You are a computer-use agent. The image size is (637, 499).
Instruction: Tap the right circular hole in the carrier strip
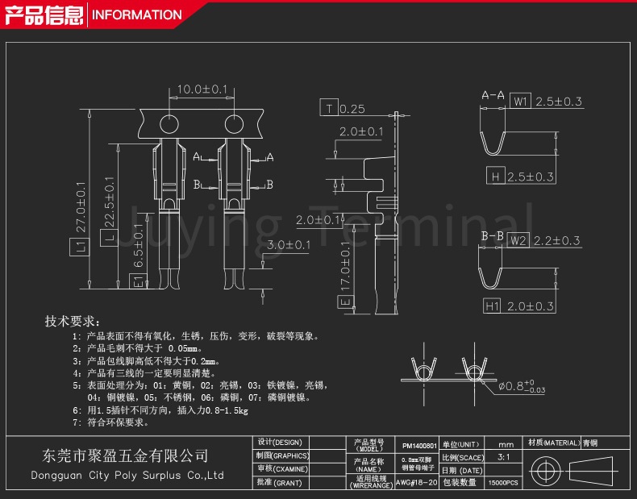pyautogui.click(x=234, y=125)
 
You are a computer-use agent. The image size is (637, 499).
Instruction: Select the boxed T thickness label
pyautogui.click(x=328, y=109)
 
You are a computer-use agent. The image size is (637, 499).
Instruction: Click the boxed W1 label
pyautogui.click(x=520, y=102)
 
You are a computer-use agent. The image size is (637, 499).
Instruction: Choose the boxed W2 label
pyautogui.click(x=518, y=240)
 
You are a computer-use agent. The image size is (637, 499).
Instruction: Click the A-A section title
pyautogui.click(x=493, y=95)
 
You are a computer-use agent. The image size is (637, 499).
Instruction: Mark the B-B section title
pyautogui.click(x=493, y=235)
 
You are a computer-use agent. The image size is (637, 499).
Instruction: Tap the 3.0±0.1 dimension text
pyautogui.click(x=289, y=244)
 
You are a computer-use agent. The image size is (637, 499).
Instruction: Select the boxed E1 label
pyautogui.click(x=138, y=281)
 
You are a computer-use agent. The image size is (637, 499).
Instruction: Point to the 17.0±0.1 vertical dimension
pyautogui.click(x=345, y=266)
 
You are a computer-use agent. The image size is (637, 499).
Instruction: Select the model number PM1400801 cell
pyautogui.click(x=419, y=445)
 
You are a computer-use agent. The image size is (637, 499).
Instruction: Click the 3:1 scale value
pyautogui.click(x=504, y=457)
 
